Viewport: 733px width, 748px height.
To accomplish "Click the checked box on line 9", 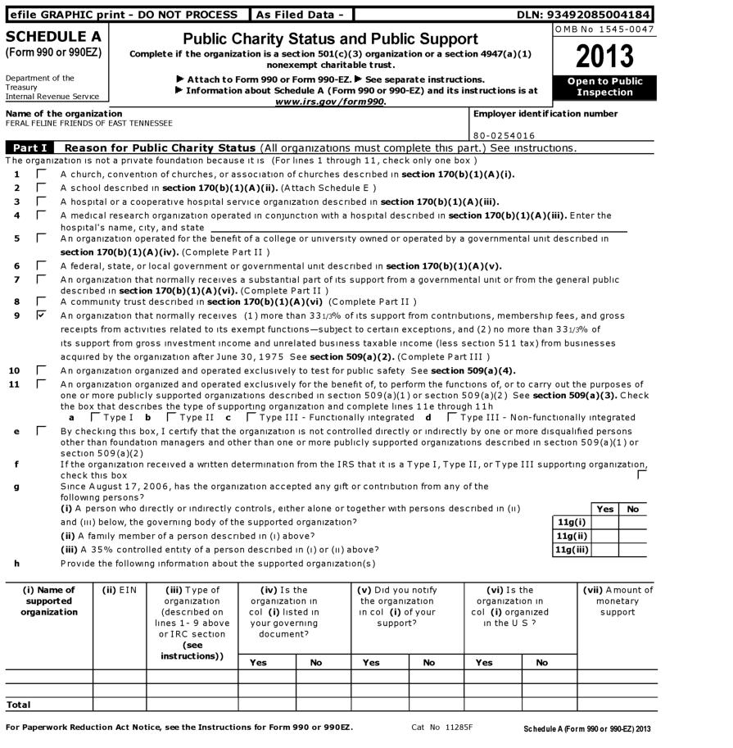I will click(x=42, y=315).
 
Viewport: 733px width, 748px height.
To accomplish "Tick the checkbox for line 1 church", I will click(x=42, y=175).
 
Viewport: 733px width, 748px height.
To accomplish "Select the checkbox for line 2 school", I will click(x=42, y=188).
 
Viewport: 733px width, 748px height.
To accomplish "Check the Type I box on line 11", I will click(x=94, y=417).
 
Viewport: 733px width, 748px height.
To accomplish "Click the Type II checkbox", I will click(x=170, y=417).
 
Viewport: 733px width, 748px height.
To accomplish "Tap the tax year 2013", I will click(x=605, y=56).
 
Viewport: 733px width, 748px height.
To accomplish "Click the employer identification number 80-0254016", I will click(x=505, y=135).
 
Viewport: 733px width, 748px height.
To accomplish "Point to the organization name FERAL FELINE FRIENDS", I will click(x=89, y=124).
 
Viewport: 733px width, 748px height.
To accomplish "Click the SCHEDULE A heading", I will click(x=53, y=37).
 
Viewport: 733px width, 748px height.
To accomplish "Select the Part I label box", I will click(x=30, y=148).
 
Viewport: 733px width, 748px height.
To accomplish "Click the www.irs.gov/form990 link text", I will click(x=330, y=102).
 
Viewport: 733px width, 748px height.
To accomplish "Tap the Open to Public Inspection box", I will click(x=605, y=87).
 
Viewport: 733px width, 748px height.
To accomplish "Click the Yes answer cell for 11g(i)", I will click(x=604, y=523).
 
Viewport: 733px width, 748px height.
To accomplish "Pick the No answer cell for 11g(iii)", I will click(x=631, y=551).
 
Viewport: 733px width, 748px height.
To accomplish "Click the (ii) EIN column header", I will click(x=119, y=590).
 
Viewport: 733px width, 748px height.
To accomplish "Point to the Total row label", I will click(x=19, y=705).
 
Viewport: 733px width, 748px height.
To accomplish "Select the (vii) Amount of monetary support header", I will click(x=618, y=601).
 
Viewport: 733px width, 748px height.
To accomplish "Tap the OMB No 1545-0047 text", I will click(x=605, y=29).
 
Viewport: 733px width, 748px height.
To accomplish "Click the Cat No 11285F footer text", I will click(x=442, y=728).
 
